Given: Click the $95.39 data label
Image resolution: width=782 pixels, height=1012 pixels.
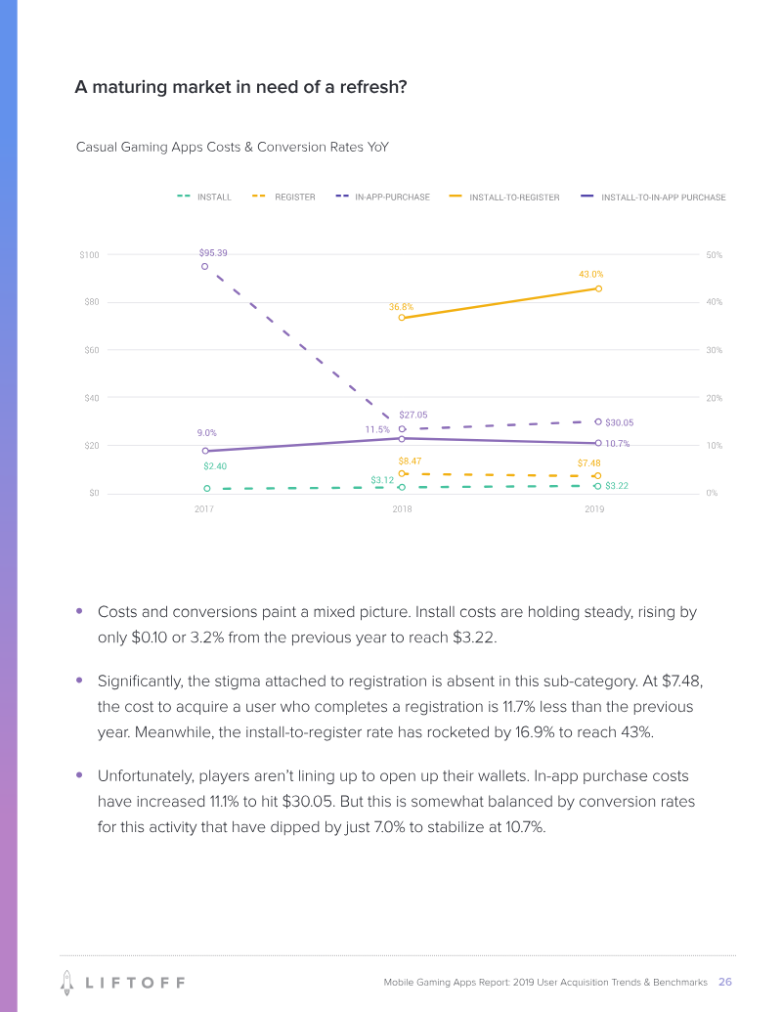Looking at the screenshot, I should [x=213, y=253].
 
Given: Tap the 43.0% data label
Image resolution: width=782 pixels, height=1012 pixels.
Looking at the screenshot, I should [x=591, y=275].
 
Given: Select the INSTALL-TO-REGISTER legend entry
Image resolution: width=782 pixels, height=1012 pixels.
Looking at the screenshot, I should [x=514, y=198].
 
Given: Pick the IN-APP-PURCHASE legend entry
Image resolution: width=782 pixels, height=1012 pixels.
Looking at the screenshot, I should [x=392, y=198].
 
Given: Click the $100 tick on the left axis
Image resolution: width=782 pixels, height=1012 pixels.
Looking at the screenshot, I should [x=89, y=255].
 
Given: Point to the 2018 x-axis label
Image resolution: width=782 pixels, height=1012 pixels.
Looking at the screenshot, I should [x=402, y=509].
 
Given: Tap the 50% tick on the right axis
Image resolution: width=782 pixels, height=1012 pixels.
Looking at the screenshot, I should [x=714, y=255].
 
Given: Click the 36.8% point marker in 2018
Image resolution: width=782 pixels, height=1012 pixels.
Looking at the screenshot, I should [x=402, y=318].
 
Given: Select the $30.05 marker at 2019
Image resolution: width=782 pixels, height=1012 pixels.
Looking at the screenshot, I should [x=598, y=421].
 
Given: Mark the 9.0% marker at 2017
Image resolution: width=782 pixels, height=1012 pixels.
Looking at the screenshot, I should [x=205, y=451].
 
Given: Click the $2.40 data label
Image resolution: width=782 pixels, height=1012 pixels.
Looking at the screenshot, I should [x=215, y=466].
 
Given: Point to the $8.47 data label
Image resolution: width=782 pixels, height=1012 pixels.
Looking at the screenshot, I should [x=410, y=460].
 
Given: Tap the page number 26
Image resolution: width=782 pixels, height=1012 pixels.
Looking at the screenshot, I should [x=725, y=981].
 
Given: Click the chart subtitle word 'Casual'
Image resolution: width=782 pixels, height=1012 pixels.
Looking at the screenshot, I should [x=97, y=148].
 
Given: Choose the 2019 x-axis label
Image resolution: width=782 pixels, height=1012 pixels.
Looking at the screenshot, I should [x=594, y=509].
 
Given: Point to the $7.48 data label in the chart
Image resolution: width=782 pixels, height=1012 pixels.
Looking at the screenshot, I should [x=588, y=462].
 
